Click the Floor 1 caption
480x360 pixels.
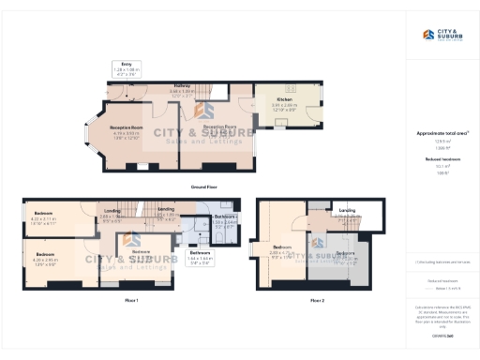click(131, 300)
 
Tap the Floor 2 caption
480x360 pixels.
click(316, 300)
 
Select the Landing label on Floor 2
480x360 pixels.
click(346, 212)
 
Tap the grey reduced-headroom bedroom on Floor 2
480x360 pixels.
click(347, 253)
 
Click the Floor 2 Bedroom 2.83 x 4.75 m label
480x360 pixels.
click(282, 251)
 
